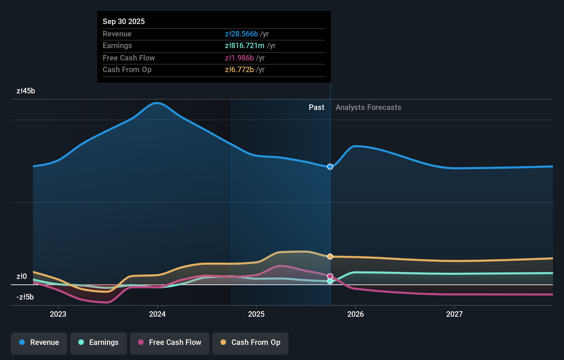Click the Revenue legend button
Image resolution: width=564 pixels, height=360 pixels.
click(x=39, y=343)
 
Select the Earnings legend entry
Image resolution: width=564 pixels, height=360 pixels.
click(x=99, y=343)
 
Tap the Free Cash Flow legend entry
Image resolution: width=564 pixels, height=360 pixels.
click(x=170, y=343)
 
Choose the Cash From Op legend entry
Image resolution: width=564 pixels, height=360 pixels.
click(x=250, y=343)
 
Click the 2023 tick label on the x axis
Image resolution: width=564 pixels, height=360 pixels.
click(x=58, y=314)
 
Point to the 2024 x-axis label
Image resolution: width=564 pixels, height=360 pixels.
click(x=157, y=314)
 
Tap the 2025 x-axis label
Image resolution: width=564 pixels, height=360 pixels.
click(x=256, y=314)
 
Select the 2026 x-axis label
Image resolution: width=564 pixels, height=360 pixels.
click(x=356, y=314)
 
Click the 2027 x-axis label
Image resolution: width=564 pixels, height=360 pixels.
click(x=454, y=314)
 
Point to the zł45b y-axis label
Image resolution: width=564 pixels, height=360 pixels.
click(x=26, y=91)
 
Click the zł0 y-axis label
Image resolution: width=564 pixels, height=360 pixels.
click(x=22, y=277)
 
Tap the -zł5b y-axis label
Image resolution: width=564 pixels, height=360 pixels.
click(x=25, y=297)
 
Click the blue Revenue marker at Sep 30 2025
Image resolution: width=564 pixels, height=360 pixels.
click(x=330, y=167)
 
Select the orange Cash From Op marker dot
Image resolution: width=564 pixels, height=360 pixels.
click(x=330, y=257)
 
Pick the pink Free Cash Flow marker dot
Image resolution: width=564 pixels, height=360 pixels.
click(x=330, y=276)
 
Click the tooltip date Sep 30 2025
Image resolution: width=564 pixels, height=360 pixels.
click(x=124, y=21)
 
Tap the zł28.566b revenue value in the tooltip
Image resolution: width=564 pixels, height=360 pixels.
click(x=241, y=34)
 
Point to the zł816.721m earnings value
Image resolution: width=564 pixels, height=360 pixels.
click(x=245, y=46)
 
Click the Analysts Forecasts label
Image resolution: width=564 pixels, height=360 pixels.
click(x=368, y=108)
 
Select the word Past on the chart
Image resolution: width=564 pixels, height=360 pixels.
click(x=316, y=108)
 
